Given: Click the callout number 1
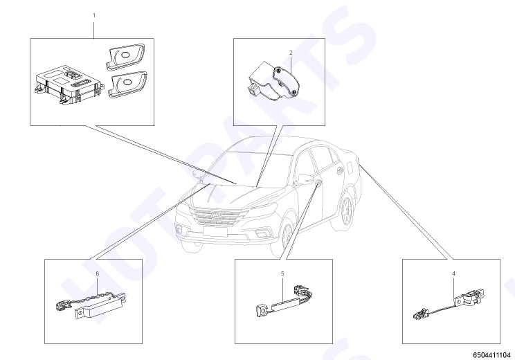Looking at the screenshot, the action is [94, 15].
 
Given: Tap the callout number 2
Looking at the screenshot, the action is [291, 53].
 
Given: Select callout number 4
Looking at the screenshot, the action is [453, 273].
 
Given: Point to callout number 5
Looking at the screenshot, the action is [282, 273].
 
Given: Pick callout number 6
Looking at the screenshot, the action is [97, 273].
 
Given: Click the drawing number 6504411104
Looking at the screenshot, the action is [491, 355].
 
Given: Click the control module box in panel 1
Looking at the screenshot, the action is [68, 84].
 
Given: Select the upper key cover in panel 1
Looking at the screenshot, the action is [125, 56].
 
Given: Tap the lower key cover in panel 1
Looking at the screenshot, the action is [127, 84].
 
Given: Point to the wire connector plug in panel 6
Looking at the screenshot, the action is [62, 306].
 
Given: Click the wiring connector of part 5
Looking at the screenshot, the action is [302, 289].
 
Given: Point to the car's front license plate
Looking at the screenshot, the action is [215, 231].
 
